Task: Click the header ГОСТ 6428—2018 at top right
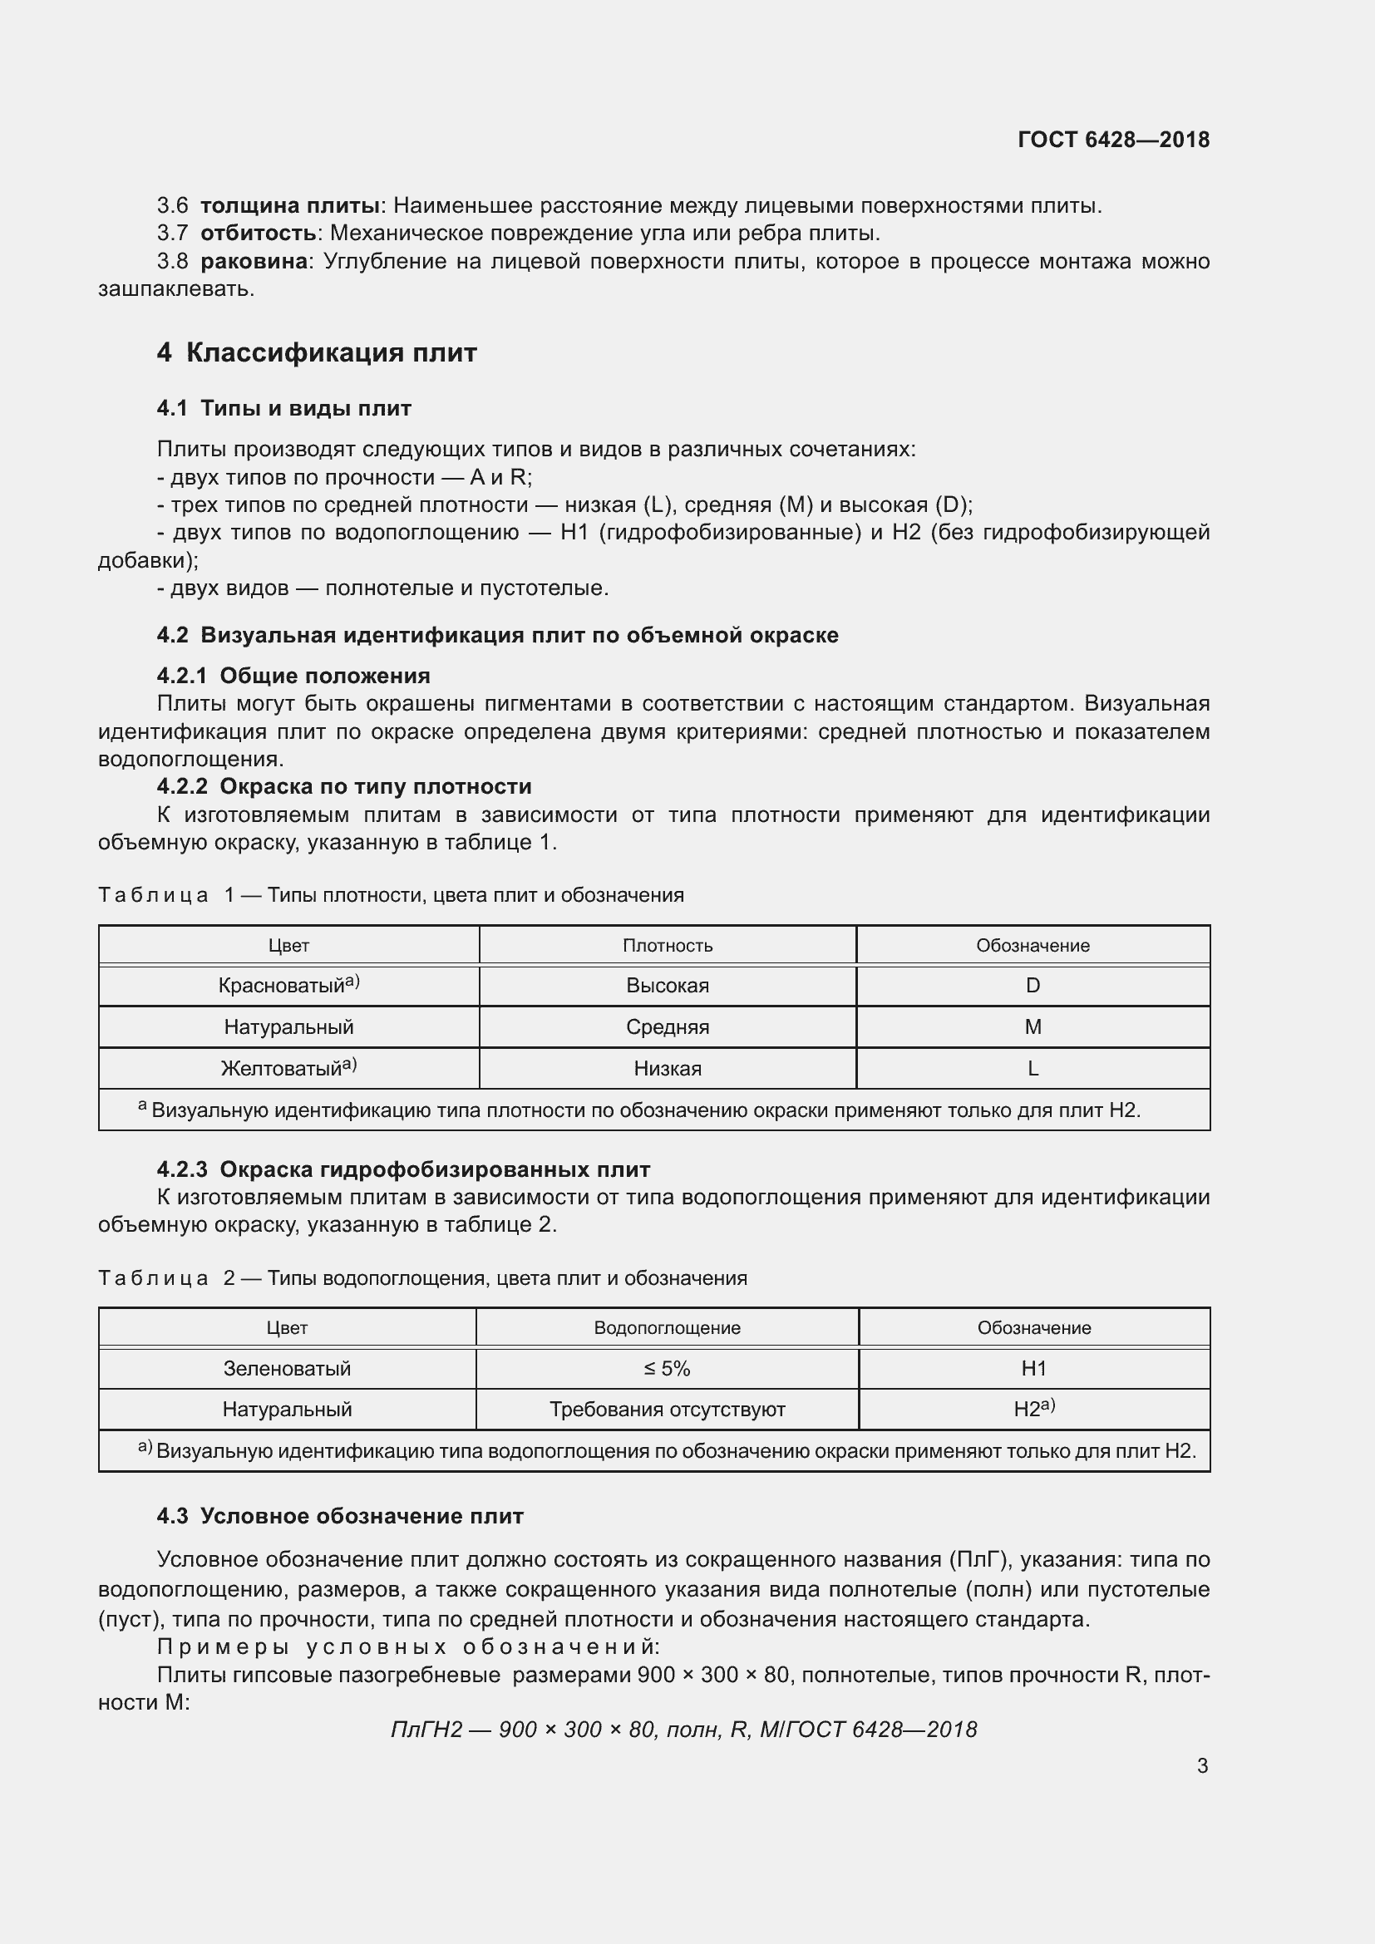[x=1112, y=140]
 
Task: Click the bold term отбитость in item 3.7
[x=259, y=233]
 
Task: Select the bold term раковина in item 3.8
[x=254, y=261]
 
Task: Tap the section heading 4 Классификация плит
[x=317, y=352]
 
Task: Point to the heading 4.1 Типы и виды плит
[x=283, y=408]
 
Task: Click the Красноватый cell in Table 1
[x=288, y=985]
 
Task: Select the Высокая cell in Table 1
[x=668, y=985]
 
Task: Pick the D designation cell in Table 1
[x=1032, y=985]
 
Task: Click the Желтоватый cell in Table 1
[x=288, y=1068]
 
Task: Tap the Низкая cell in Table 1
[x=668, y=1068]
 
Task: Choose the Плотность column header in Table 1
[x=668, y=945]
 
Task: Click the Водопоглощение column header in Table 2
[x=667, y=1327]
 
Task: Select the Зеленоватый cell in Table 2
[x=287, y=1368]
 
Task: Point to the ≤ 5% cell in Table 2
[x=667, y=1368]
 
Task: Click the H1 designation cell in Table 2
[x=1033, y=1368]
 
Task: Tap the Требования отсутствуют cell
[x=667, y=1409]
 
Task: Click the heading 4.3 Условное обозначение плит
[x=339, y=1516]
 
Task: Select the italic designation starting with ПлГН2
[x=683, y=1729]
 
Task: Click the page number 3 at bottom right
[x=1201, y=1765]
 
